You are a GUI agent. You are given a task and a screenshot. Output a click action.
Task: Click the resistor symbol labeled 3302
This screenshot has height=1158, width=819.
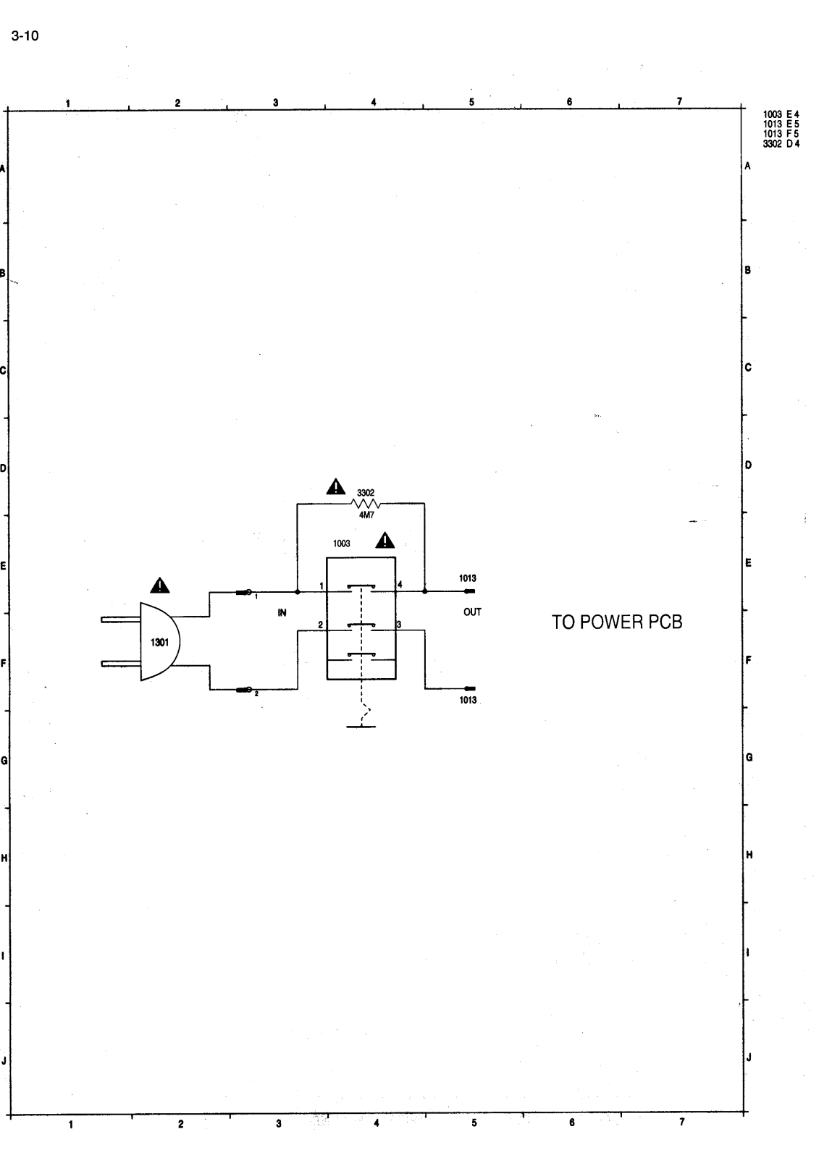pos(366,504)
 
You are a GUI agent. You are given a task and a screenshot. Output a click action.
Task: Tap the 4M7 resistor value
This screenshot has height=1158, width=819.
pos(366,515)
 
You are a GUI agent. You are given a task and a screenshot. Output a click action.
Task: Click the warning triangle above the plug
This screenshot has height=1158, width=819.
pos(159,585)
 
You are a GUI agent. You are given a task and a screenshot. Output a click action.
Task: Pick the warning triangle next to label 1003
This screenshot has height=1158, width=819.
pos(385,541)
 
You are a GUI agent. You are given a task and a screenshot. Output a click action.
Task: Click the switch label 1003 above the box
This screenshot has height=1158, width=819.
pos(341,543)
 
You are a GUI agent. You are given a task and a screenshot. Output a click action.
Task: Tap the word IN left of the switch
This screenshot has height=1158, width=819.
pos(282,612)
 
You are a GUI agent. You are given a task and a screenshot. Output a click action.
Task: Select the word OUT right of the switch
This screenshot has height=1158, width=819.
pos(472,612)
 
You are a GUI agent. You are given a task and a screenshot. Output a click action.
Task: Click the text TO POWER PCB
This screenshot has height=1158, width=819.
pos(617,622)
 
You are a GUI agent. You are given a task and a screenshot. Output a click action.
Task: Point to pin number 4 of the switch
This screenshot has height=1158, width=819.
pos(400,584)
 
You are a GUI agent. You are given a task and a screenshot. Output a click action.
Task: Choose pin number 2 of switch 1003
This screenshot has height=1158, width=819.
pos(319,625)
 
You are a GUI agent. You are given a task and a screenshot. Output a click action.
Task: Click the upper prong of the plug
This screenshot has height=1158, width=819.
pos(120,620)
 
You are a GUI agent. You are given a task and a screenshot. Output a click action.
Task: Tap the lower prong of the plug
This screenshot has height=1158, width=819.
pos(120,663)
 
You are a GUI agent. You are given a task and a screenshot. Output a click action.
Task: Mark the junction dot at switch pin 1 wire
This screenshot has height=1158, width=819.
pos(298,591)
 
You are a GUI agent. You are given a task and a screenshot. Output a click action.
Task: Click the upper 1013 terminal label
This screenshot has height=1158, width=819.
pos(468,578)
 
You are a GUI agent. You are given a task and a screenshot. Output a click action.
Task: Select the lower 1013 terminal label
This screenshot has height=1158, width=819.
pos(468,700)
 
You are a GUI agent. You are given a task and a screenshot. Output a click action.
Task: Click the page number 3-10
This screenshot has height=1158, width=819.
pos(25,35)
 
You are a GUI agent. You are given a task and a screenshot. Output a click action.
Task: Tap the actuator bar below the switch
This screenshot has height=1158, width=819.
pos(361,726)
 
